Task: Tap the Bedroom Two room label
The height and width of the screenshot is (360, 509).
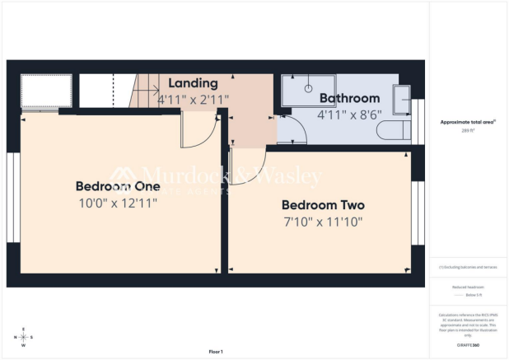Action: pyautogui.click(x=323, y=205)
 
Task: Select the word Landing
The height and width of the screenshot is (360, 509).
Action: pyautogui.click(x=194, y=83)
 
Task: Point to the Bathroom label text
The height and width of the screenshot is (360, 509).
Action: pyautogui.click(x=350, y=98)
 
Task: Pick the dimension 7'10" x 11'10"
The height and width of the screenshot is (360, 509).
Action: pyautogui.click(x=322, y=222)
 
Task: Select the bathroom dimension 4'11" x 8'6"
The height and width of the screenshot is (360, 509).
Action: pyautogui.click(x=350, y=115)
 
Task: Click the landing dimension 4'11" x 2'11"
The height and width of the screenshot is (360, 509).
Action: pyautogui.click(x=194, y=100)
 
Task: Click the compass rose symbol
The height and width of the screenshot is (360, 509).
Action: pyautogui.click(x=23, y=338)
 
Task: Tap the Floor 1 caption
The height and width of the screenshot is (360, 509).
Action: pyautogui.click(x=216, y=351)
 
